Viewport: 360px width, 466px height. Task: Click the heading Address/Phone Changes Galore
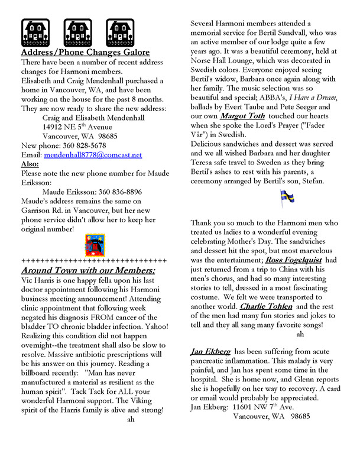pos(85,52)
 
